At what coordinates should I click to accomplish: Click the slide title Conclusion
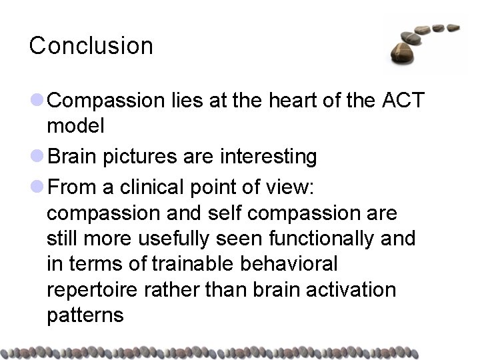(x=91, y=46)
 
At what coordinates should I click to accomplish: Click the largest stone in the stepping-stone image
(x=405, y=51)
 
